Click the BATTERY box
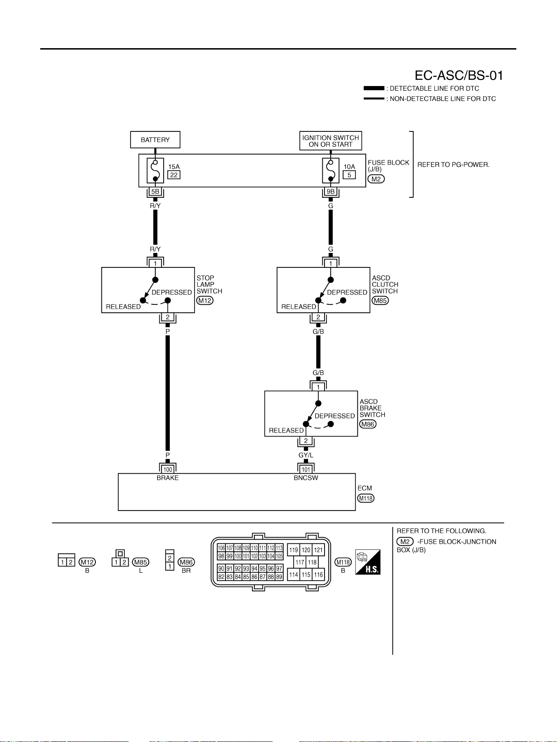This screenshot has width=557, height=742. [x=155, y=140]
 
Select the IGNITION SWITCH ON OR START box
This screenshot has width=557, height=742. [x=331, y=141]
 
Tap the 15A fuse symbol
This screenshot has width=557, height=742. [x=155, y=171]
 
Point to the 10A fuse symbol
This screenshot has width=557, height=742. [x=331, y=171]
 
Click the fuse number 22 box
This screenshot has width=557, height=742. [x=174, y=175]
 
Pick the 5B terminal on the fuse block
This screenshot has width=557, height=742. [x=155, y=192]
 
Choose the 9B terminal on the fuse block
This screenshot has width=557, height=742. [x=331, y=192]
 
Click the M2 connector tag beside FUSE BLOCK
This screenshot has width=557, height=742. [x=376, y=179]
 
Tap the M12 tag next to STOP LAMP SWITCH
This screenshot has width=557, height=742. [x=205, y=301]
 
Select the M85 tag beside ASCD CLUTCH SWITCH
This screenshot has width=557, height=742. [x=380, y=301]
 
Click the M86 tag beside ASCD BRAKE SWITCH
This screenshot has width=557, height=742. [x=368, y=424]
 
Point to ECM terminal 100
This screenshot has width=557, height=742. [x=167, y=469]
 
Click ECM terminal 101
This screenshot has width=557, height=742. [x=306, y=469]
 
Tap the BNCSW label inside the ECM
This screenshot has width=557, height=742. [x=306, y=478]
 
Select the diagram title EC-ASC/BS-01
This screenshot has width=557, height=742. [x=459, y=75]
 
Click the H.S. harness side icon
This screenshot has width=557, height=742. [x=368, y=562]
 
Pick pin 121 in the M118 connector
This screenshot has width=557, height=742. [x=318, y=550]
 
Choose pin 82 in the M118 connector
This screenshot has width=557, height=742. [x=221, y=576]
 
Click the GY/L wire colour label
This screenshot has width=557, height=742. [x=306, y=455]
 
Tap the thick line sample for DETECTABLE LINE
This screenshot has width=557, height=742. [x=374, y=88]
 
